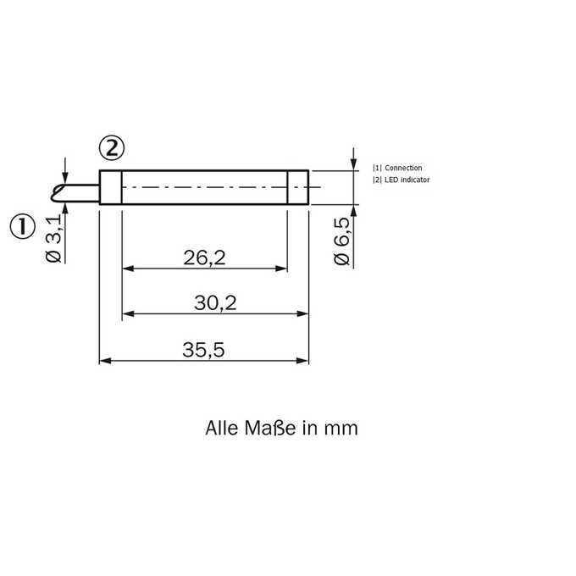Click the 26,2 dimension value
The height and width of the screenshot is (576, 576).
click(204, 258)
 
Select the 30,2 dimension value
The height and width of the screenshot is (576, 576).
click(215, 303)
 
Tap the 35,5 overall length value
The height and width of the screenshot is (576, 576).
click(203, 350)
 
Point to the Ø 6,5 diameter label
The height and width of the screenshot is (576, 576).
click(341, 241)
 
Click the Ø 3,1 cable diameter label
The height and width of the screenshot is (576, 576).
click(53, 239)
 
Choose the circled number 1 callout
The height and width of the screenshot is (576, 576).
click(22, 226)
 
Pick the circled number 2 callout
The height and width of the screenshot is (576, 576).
click(112, 148)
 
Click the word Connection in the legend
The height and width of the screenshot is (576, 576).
click(403, 168)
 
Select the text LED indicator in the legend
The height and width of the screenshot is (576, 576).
click(407, 180)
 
